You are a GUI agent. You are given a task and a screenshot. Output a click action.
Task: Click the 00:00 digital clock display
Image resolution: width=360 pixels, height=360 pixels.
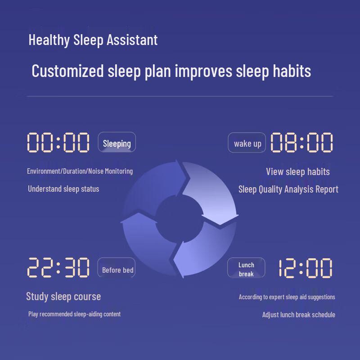point(58,143)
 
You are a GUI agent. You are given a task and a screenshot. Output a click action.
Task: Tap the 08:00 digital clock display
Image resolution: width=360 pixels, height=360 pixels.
point(301,143)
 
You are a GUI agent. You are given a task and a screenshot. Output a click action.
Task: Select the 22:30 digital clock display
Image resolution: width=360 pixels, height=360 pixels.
point(58,268)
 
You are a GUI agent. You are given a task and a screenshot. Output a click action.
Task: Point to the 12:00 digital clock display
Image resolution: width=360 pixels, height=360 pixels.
point(305,268)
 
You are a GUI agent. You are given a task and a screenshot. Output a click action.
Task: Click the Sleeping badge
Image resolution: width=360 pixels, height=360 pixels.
point(117,143)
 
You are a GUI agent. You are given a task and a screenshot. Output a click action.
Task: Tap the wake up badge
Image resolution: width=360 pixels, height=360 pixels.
point(247,143)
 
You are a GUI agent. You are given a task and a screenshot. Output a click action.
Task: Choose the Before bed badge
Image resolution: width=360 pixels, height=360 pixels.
point(117,269)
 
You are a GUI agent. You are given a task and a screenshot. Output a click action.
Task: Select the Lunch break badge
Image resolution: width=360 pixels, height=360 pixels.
point(246,269)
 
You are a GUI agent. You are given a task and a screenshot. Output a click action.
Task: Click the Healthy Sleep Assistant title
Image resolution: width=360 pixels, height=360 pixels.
point(93,40)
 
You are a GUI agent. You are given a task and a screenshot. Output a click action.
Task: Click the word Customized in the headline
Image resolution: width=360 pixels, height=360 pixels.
point(68,71)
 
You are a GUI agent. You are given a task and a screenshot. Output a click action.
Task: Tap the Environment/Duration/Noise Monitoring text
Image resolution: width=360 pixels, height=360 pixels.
point(80,171)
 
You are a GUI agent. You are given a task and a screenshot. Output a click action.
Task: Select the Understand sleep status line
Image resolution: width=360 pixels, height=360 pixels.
point(63,189)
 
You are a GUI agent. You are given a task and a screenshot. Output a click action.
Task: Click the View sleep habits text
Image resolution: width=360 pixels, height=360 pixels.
point(297,171)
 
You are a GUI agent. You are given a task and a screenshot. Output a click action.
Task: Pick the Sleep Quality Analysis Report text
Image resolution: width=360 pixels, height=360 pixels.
point(288,189)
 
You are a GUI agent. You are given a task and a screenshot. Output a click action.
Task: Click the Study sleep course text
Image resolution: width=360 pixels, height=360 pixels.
point(63,296)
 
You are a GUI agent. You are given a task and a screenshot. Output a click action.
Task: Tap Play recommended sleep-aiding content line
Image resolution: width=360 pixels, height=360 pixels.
point(74,314)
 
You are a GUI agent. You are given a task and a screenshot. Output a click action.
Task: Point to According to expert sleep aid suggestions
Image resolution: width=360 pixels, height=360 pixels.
point(287,297)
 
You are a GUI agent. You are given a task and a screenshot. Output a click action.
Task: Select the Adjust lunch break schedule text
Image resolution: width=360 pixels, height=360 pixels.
point(298,315)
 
